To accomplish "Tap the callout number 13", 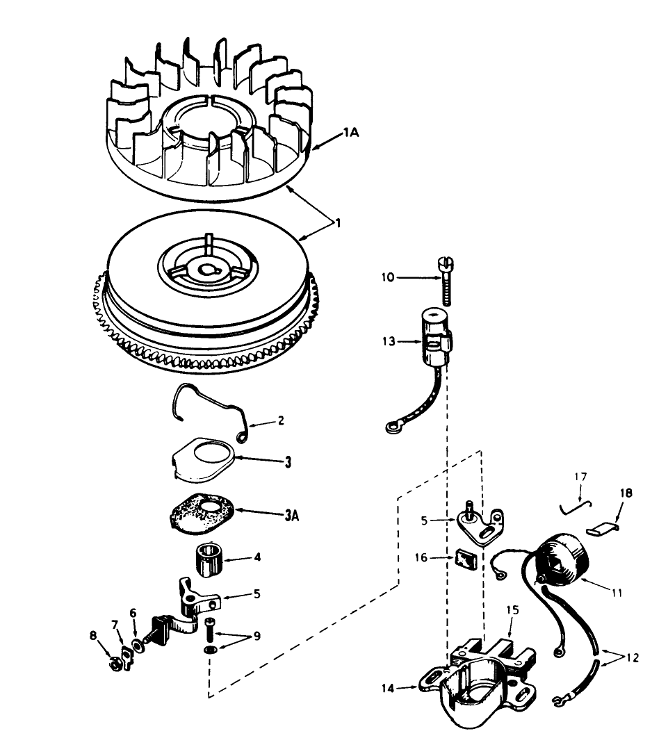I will tap(389, 341).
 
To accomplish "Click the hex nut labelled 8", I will tap(113, 663).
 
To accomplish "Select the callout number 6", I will tap(133, 614).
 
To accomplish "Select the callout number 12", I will tap(633, 658).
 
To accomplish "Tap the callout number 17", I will tap(580, 477).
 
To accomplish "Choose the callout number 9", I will tap(256, 636).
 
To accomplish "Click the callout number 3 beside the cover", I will tap(268, 461).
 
